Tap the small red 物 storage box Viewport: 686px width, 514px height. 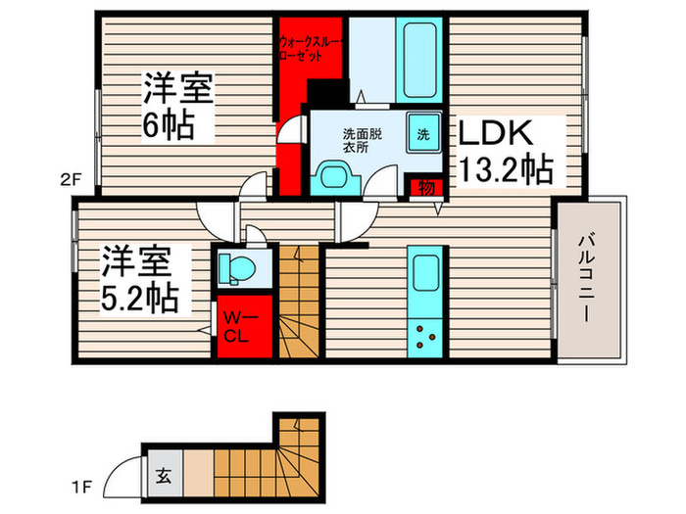[x=427, y=185]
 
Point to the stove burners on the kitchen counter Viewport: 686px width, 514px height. [x=426, y=336]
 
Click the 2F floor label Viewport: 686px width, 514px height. [x=68, y=178]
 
